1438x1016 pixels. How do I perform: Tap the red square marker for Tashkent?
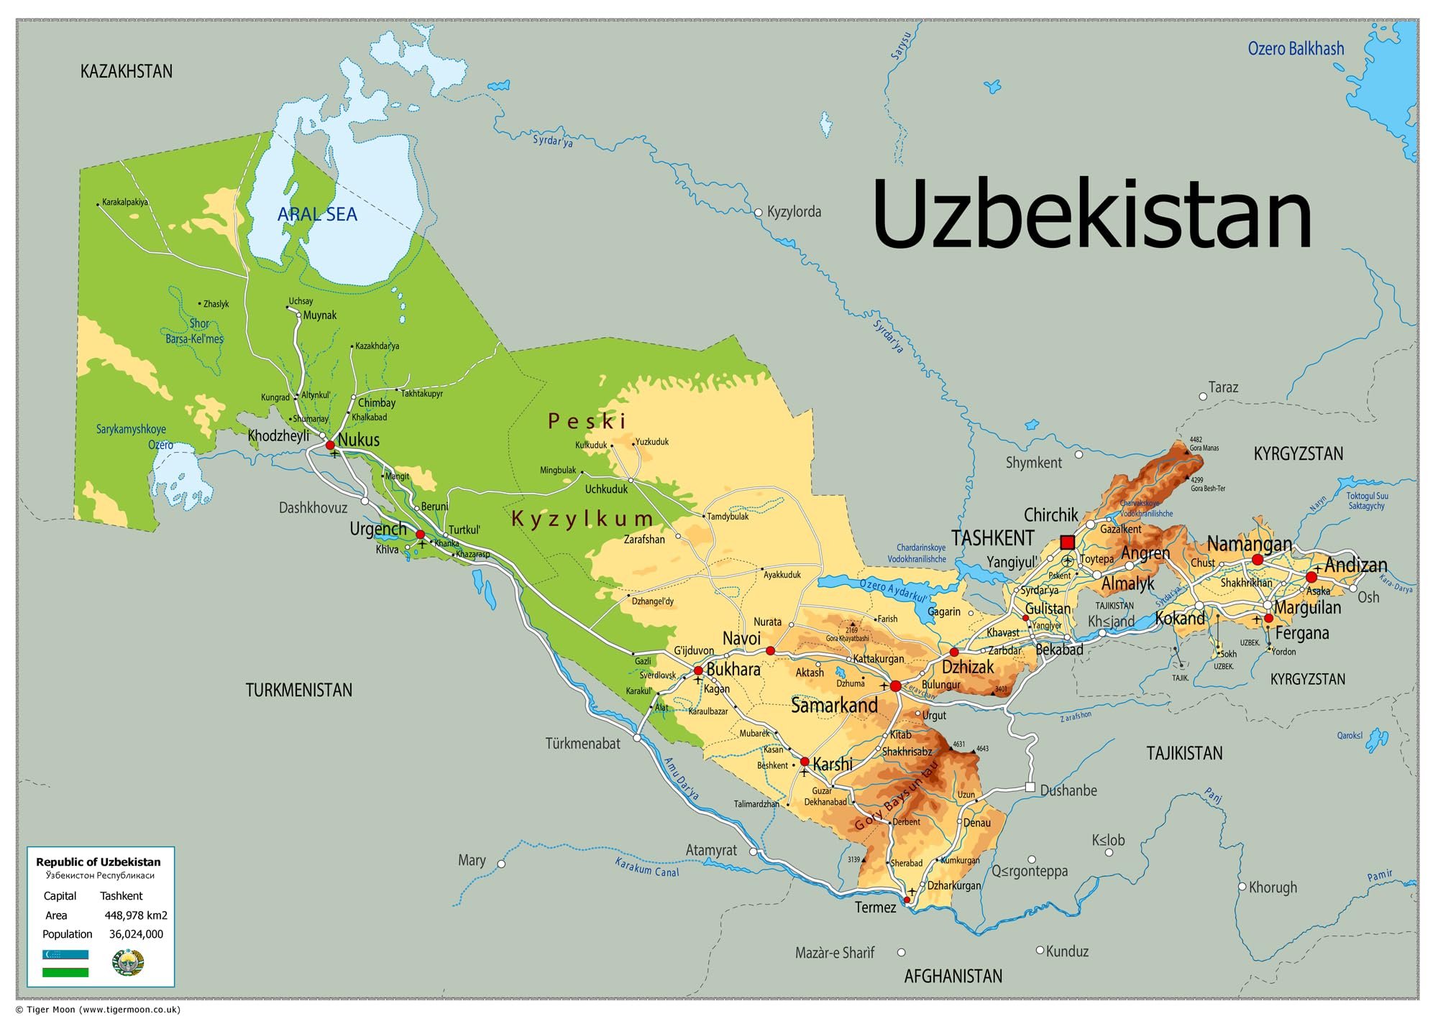pyautogui.click(x=1067, y=542)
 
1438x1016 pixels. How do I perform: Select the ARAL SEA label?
pyautogui.click(x=317, y=214)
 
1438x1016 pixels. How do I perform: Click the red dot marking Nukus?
pyautogui.click(x=330, y=445)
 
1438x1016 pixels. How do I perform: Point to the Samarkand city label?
pyautogui.click(x=834, y=705)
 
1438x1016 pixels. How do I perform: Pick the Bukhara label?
pyautogui.click(x=733, y=669)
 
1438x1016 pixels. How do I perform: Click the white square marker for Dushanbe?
pyautogui.click(x=1030, y=788)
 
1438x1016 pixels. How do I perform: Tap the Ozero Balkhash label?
pyautogui.click(x=1296, y=49)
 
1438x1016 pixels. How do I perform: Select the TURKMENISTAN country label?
pyautogui.click(x=299, y=690)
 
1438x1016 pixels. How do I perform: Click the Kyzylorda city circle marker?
pyautogui.click(x=758, y=213)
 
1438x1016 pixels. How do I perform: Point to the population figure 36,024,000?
pyautogui.click(x=136, y=934)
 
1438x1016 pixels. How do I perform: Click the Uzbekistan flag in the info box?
pyautogui.click(x=65, y=963)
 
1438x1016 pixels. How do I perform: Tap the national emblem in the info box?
pyautogui.click(x=129, y=962)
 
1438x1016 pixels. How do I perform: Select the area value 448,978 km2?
pyautogui.click(x=136, y=915)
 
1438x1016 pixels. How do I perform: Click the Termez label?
pyautogui.click(x=875, y=908)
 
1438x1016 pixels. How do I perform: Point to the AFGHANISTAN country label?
pyautogui.click(x=953, y=976)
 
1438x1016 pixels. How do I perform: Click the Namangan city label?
pyautogui.click(x=1249, y=543)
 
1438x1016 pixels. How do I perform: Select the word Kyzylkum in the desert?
pyautogui.click(x=582, y=518)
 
